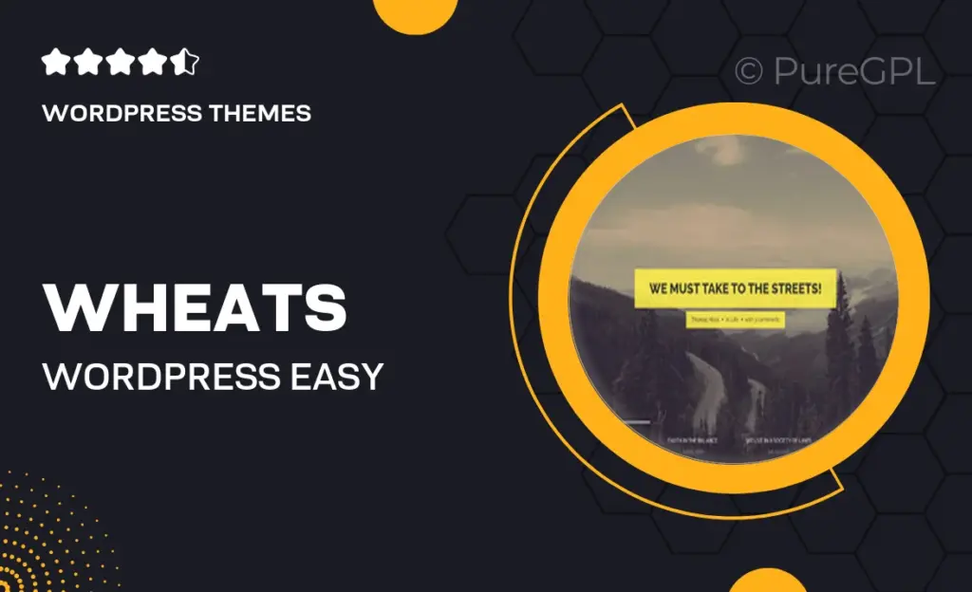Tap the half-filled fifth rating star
(185, 64)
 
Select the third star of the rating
(121, 64)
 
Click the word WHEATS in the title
(195, 307)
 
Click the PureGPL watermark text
(850, 71)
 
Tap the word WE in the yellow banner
(658, 287)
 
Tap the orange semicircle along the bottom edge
(767, 580)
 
